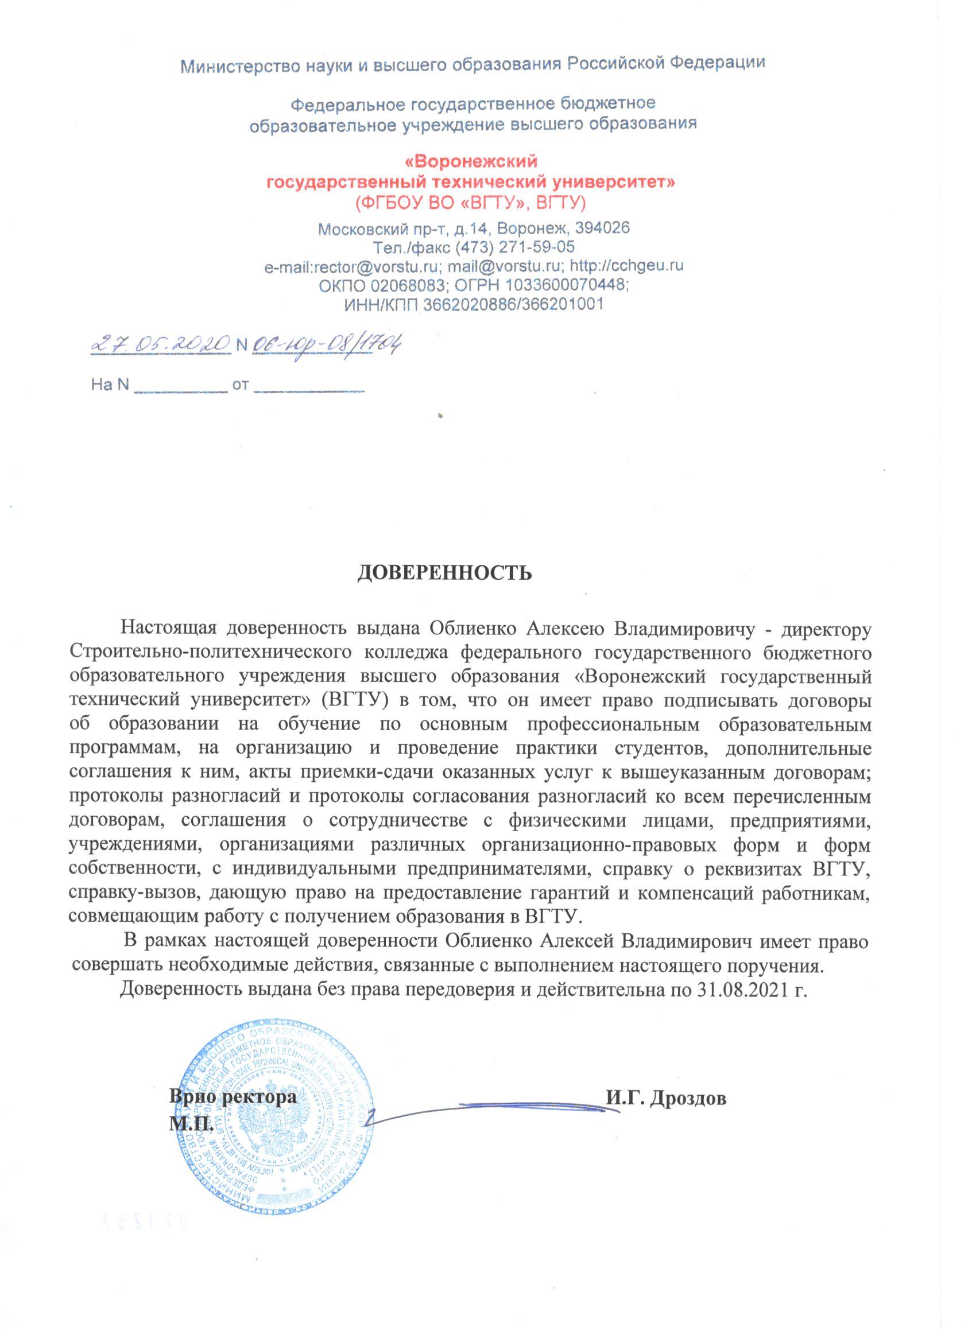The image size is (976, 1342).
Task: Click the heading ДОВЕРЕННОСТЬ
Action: (444, 573)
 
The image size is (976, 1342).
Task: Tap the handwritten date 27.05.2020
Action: (160, 343)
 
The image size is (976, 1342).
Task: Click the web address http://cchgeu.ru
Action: (630, 266)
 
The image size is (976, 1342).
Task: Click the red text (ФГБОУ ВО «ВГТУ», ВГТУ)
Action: (470, 203)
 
